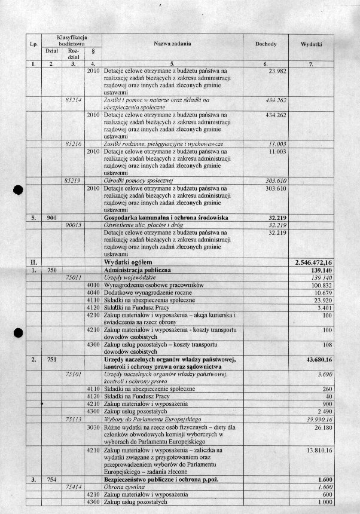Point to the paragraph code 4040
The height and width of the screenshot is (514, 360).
pyautogui.click(x=93, y=292)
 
